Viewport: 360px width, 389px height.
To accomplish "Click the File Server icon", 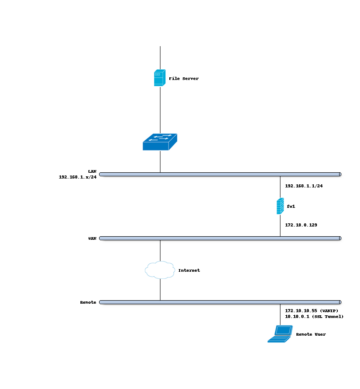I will click(160, 78).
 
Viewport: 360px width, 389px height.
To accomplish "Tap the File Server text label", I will click(184, 79).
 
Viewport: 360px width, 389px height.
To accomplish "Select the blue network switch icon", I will click(160, 142).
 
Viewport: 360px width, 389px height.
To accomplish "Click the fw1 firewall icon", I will click(280, 206).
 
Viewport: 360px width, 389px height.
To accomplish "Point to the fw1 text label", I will click(291, 206).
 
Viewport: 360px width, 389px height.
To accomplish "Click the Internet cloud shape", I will click(160, 270).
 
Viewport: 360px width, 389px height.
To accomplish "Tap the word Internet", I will click(189, 270).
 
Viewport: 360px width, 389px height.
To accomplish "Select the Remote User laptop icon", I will click(280, 334).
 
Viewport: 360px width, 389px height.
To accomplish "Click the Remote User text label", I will click(311, 334).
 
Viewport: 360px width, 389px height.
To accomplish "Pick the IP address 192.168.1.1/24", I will click(304, 186).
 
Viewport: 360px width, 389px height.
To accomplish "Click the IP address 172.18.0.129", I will click(301, 225).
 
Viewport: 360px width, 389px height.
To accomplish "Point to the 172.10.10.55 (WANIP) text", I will click(311, 310).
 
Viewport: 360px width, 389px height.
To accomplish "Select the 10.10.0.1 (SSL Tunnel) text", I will click(314, 317).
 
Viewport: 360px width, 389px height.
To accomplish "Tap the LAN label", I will click(92, 171).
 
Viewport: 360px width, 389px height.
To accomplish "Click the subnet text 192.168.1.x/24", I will click(77, 177).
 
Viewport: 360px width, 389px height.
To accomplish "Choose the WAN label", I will click(92, 238).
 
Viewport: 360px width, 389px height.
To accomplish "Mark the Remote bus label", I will click(88, 302).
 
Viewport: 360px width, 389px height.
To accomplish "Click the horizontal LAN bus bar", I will click(220, 175).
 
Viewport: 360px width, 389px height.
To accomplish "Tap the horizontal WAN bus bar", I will click(220, 238).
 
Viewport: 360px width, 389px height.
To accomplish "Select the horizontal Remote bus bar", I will click(220, 302).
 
